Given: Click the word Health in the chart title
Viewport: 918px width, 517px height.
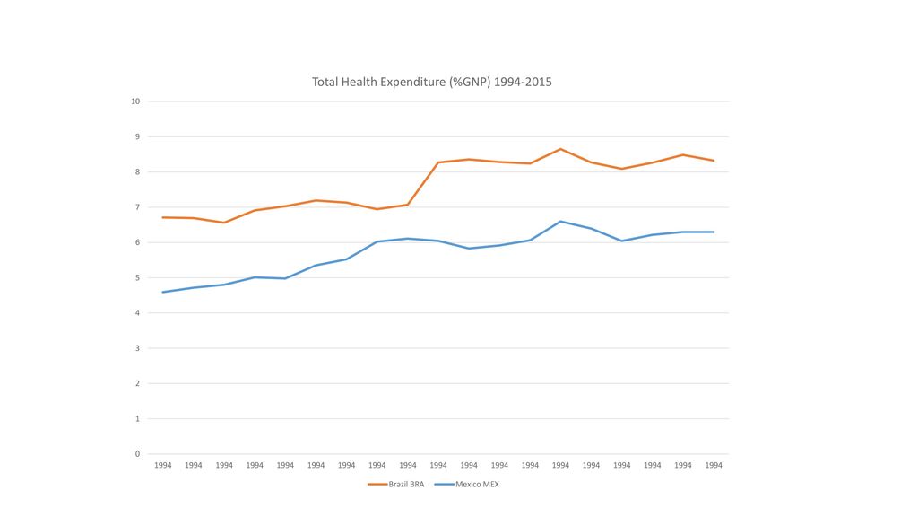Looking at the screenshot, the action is [x=359, y=82].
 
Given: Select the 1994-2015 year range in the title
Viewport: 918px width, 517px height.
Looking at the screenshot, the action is [x=523, y=82].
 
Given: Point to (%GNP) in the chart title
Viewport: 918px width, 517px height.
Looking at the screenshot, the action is [x=470, y=83].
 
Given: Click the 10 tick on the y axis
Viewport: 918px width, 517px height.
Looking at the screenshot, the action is [x=135, y=101].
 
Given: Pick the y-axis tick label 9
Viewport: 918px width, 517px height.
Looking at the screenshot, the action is [x=137, y=136].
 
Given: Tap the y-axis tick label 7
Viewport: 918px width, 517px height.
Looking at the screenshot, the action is [x=137, y=207].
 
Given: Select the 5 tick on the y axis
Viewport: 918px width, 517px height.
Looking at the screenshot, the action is [x=137, y=278].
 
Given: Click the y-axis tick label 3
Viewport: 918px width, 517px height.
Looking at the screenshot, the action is [x=137, y=348].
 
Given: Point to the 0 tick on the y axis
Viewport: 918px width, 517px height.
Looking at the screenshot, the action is [x=137, y=453].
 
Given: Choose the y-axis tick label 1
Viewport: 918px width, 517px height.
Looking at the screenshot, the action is [x=137, y=418].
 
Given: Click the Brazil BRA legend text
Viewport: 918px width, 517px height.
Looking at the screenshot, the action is [x=406, y=484].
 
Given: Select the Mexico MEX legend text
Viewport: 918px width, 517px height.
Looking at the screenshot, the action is [x=477, y=484].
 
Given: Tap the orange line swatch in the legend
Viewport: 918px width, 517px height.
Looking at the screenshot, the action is [x=377, y=484].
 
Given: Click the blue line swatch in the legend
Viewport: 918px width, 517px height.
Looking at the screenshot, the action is [x=445, y=484].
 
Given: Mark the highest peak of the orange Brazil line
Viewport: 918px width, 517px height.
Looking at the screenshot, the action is [x=560, y=149].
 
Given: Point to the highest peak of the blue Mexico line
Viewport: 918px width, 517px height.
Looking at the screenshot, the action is [x=560, y=222].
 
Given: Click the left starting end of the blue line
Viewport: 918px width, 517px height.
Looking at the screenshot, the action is [x=163, y=292].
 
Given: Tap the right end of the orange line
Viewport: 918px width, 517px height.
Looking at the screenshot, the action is [x=714, y=161].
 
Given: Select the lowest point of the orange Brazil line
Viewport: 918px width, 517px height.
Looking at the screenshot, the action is [x=223, y=223].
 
